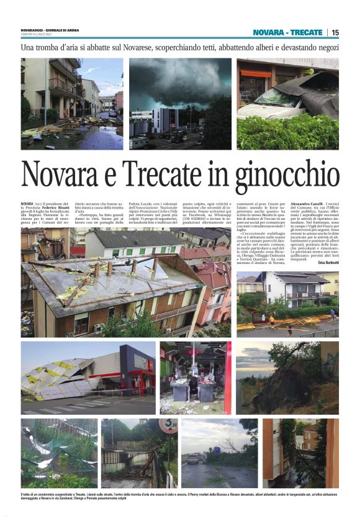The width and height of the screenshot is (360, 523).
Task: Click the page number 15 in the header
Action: click(336, 32)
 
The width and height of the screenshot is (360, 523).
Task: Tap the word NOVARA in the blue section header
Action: click(270, 32)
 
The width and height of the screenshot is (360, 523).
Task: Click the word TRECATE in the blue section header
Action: click(307, 32)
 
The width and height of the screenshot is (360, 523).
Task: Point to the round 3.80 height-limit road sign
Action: click(167, 426)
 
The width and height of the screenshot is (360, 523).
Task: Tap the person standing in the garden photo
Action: click(271, 321)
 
